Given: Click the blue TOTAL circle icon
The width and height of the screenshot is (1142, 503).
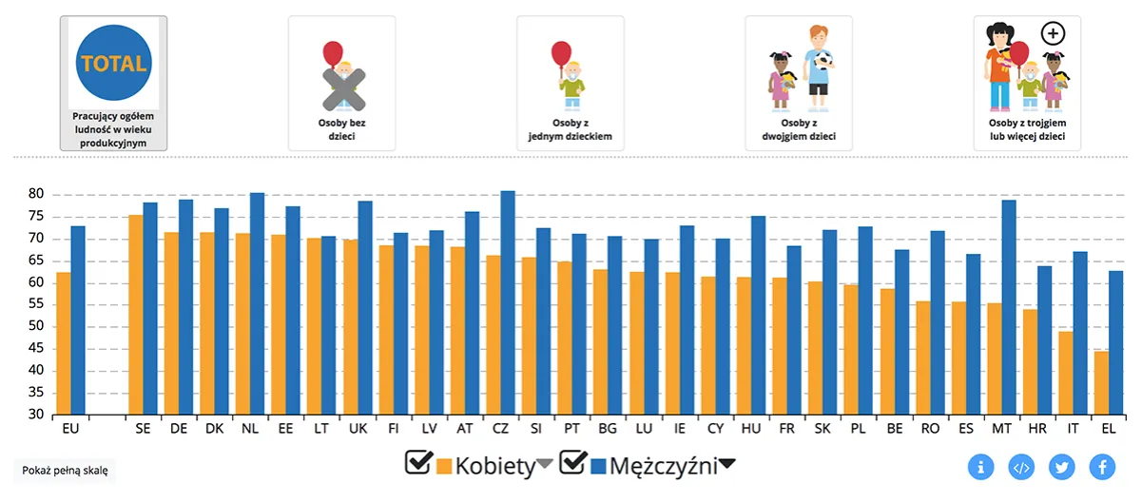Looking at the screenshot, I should click(x=114, y=65).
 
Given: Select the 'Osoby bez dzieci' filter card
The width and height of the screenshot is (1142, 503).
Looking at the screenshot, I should click(x=341, y=83).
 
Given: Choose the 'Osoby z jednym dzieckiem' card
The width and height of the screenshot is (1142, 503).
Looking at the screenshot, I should click(x=570, y=83).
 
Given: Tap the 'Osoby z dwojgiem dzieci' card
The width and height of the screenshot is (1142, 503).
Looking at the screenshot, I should click(x=799, y=83).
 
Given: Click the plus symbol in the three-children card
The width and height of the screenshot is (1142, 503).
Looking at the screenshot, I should click(x=1053, y=34).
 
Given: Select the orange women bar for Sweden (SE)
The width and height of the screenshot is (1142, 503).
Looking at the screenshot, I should click(x=136, y=315).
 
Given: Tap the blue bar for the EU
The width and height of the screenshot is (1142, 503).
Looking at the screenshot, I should click(x=78, y=319).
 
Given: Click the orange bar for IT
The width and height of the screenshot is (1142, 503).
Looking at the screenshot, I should click(x=1065, y=373).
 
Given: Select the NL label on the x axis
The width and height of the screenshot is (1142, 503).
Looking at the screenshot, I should click(x=250, y=429).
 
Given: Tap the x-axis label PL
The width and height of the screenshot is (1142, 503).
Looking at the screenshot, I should click(x=858, y=429).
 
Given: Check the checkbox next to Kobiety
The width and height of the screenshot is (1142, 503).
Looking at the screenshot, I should click(x=418, y=463).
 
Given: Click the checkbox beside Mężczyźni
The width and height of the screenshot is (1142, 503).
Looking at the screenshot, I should click(x=572, y=463).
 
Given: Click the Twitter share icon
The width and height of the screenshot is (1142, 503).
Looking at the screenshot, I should click(x=1061, y=467).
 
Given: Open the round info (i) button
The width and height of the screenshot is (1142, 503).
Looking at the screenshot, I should click(x=980, y=467).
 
